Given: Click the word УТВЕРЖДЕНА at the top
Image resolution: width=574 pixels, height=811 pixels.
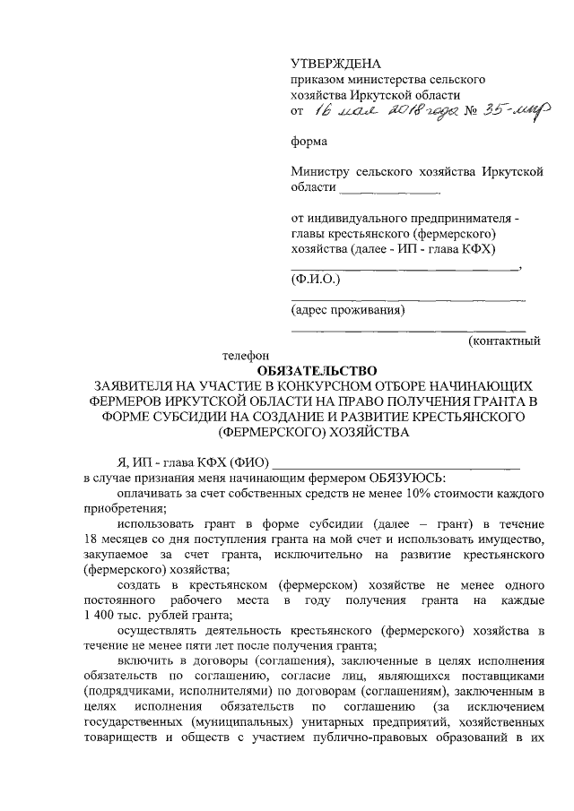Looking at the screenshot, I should tap(336, 63).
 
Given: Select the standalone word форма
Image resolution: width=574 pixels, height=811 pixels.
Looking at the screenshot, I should tap(309, 141).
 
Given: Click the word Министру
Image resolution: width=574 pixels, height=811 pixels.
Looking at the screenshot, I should tap(320, 171).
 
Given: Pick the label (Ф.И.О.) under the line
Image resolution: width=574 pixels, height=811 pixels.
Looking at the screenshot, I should tap(316, 280).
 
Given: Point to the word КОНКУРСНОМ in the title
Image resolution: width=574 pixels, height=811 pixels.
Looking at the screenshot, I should tap(317, 385).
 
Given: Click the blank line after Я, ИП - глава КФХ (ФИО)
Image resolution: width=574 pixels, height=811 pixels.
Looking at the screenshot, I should tap(396, 462).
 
